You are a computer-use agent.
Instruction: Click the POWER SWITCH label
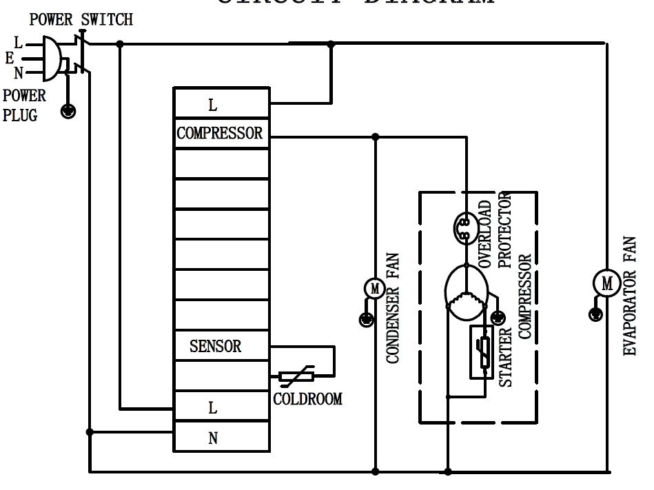[x=81, y=19]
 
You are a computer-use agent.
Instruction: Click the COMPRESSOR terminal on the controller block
[x=220, y=133]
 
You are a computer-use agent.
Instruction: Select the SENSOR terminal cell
[x=216, y=346]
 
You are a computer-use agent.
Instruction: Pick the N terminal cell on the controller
[x=213, y=438]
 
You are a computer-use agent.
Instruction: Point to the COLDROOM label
[x=307, y=399]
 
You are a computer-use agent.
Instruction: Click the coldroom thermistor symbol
[x=296, y=376]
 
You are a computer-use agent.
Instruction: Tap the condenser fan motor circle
[x=374, y=289]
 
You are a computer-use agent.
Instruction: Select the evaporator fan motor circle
[x=606, y=283]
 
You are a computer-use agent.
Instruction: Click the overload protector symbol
[x=464, y=228]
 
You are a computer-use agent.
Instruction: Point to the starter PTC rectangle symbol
[x=480, y=352]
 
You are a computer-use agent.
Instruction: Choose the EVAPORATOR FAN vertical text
[x=630, y=296]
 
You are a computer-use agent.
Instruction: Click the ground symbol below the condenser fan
[x=366, y=318]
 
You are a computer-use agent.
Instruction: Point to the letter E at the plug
[x=10, y=59]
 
